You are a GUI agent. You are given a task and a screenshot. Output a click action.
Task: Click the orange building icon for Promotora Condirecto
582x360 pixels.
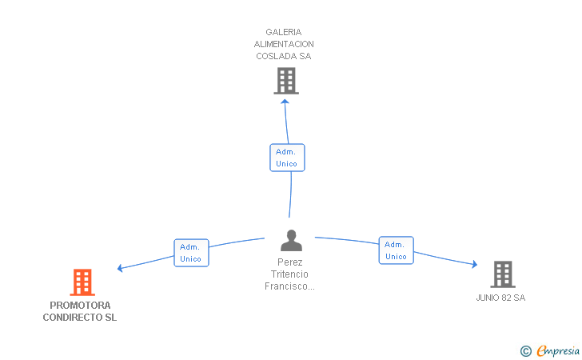[82, 282]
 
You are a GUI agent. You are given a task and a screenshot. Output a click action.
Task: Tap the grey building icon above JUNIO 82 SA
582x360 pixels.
[503, 274]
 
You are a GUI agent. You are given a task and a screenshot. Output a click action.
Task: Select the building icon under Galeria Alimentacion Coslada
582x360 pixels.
[286, 81]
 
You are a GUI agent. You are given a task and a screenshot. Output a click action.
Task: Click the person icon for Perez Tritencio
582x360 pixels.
[291, 240]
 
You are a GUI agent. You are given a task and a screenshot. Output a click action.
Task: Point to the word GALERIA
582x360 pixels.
[284, 32]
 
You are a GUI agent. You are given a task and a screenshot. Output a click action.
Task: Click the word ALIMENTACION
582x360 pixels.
[284, 44]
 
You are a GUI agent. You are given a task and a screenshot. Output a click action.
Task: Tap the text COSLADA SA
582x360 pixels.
[284, 56]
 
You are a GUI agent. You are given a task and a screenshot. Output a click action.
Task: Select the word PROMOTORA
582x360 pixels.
[80, 306]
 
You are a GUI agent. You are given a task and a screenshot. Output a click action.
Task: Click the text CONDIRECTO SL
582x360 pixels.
[80, 318]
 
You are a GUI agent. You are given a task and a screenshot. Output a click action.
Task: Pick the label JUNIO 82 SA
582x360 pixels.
[500, 298]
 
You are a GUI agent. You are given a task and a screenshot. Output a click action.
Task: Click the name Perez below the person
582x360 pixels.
[290, 262]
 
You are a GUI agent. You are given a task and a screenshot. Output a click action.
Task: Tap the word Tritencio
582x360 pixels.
[289, 274]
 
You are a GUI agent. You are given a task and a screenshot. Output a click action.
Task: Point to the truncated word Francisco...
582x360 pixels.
[289, 286]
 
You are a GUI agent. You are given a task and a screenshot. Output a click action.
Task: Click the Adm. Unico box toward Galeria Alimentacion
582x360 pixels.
[287, 158]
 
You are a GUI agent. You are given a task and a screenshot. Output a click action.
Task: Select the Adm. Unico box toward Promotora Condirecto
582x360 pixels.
[192, 253]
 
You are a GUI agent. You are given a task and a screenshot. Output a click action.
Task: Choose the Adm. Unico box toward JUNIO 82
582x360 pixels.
[396, 250]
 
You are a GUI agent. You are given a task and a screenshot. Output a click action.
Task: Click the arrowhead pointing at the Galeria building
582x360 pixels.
[285, 102]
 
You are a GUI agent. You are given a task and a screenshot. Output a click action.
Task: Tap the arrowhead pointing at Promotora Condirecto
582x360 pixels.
[120, 268]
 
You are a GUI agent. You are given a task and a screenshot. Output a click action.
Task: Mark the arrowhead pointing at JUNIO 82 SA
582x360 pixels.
[474, 264]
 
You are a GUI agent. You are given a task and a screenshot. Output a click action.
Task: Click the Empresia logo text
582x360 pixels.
[558, 350]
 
